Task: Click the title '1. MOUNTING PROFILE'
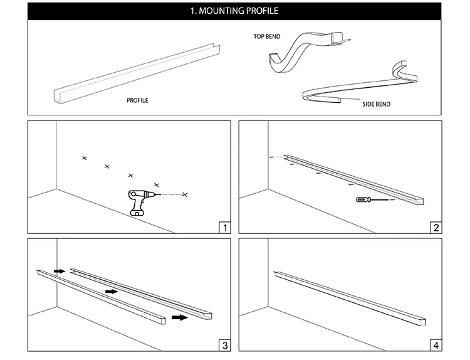[234, 11]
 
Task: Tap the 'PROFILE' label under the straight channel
[137, 100]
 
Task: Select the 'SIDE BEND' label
[376, 104]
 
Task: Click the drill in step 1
[138, 201]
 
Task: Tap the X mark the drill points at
[184, 195]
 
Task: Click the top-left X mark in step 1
[85, 157]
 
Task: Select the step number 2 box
[436, 227]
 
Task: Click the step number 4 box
[436, 344]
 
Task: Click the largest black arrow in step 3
[179, 317]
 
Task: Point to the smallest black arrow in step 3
[60, 271]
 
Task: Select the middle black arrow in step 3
[111, 291]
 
